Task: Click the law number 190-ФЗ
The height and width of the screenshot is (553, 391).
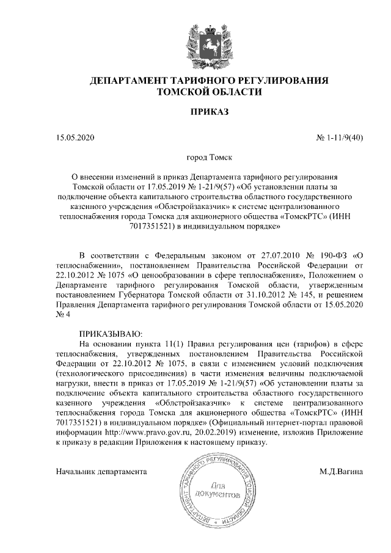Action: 329,254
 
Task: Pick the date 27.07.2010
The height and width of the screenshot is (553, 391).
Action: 267,254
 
